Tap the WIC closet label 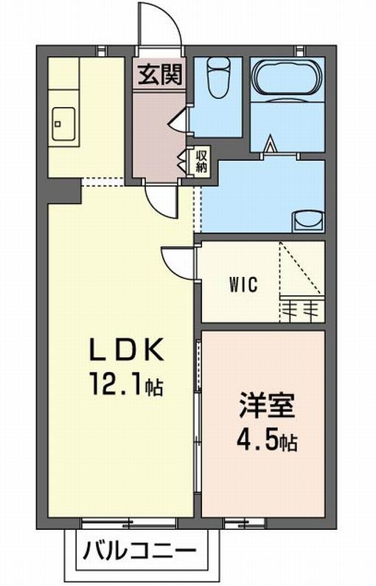(243, 285)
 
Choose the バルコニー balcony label (139, 551)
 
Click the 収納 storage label (201, 161)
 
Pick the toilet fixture (217, 79)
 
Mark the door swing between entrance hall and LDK (160, 198)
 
